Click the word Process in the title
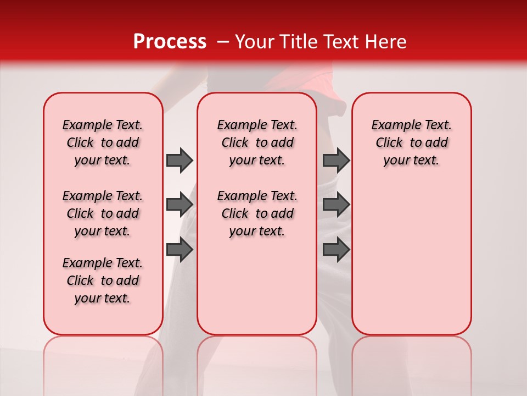pyautogui.click(x=170, y=42)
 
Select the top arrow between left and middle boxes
pyautogui.click(x=180, y=160)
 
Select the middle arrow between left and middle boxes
pyautogui.click(x=180, y=205)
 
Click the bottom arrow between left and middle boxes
pyautogui.click(x=180, y=250)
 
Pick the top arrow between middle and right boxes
pyautogui.click(x=336, y=160)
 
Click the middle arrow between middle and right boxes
pyautogui.click(x=336, y=205)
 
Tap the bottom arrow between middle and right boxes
pyautogui.click(x=336, y=250)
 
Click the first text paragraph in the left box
pyautogui.click(x=103, y=142)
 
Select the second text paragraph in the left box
pyautogui.click(x=103, y=213)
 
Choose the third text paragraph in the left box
pyautogui.click(x=103, y=280)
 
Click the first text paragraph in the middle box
pyautogui.click(x=257, y=142)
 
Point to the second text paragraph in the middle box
pyautogui.click(x=257, y=213)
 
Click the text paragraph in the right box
pyautogui.click(x=412, y=142)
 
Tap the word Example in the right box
pyautogui.click(x=391, y=125)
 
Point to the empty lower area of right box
pyautogui.click(x=412, y=258)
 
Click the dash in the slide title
pyautogui.click(x=222, y=42)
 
